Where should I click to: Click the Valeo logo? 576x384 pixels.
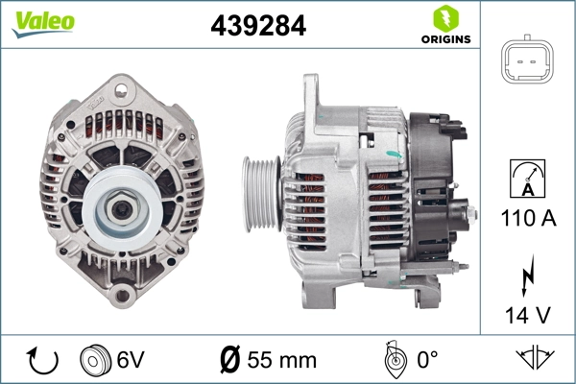[39, 21]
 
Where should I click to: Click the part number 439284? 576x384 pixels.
[257, 26]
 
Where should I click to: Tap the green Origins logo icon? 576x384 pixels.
[444, 17]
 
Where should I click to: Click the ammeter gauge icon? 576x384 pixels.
[528, 179]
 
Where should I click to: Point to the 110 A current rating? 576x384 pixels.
[529, 218]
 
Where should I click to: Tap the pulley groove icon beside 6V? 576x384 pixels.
[95, 361]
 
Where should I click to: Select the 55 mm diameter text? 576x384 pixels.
[280, 361]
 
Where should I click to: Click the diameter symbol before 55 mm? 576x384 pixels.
[229, 361]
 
